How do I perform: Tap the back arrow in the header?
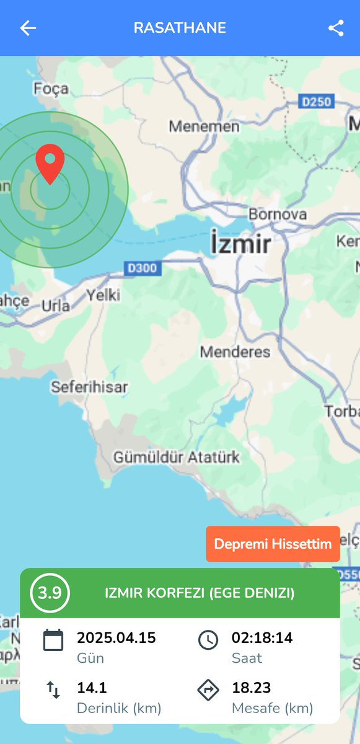point(28,28)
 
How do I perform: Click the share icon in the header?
point(336,28)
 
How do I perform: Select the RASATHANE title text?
point(180,28)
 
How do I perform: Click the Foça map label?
point(51,89)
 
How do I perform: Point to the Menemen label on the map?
point(204,126)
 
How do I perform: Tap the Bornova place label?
point(278,215)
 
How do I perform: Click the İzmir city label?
point(240,243)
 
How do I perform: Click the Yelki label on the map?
point(103,294)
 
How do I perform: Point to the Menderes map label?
point(235,352)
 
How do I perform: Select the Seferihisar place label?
point(89,387)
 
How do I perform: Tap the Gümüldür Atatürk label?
point(176,458)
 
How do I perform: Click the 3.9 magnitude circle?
point(50,593)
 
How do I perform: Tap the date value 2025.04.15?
point(116,637)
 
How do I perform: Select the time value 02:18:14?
point(262,637)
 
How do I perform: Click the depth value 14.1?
point(92,688)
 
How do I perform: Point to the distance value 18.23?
point(251,688)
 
